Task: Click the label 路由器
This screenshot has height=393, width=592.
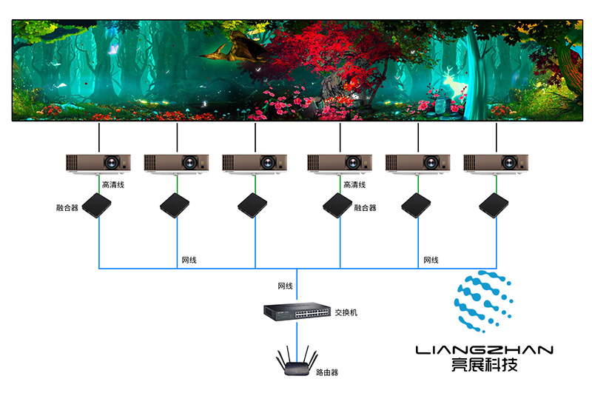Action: (327, 372)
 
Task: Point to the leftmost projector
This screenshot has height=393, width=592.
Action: (98, 163)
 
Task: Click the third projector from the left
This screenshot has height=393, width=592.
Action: (255, 163)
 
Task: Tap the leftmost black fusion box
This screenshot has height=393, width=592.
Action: (97, 204)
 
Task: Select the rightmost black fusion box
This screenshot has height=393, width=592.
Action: (494, 204)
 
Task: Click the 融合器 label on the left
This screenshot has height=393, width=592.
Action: (67, 208)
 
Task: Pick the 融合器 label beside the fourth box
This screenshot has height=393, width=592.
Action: (365, 208)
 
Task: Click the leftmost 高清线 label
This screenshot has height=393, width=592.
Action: (112, 184)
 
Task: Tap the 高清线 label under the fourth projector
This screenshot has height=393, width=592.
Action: (354, 184)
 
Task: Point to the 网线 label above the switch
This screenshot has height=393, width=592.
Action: (286, 286)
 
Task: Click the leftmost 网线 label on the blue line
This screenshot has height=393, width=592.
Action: (189, 261)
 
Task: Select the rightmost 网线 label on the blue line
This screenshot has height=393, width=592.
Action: (431, 261)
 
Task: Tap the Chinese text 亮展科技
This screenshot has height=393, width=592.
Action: (484, 366)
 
